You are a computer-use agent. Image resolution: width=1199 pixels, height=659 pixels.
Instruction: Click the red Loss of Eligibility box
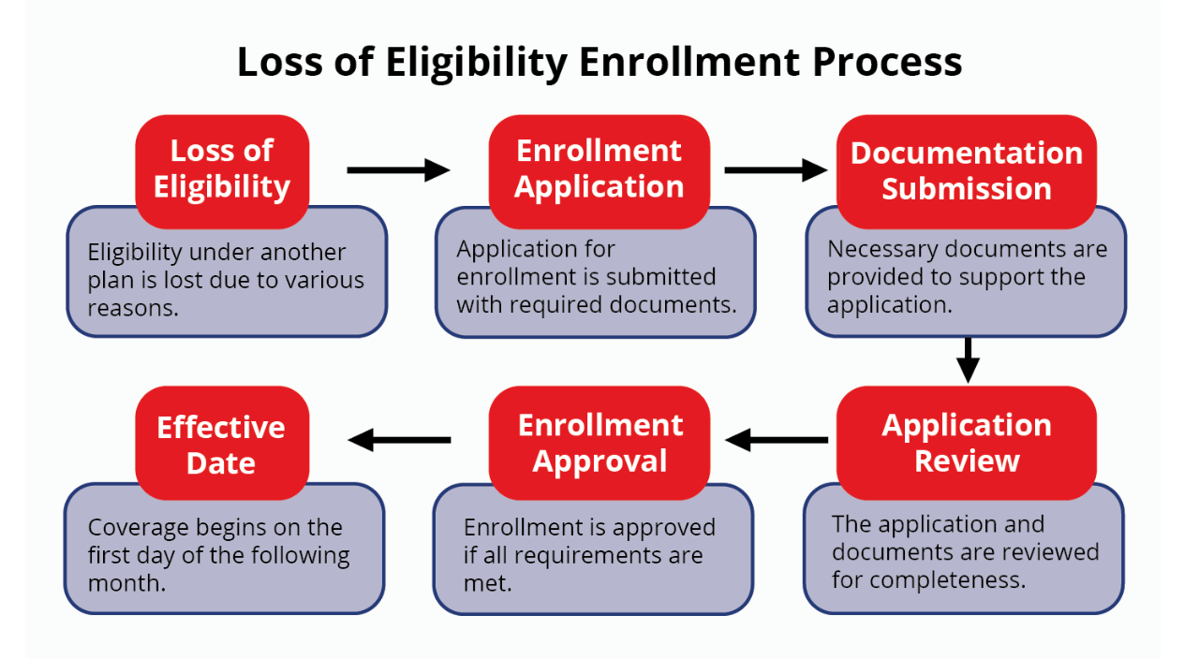pos(222,169)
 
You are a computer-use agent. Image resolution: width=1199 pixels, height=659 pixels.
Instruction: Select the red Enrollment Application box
pos(599,169)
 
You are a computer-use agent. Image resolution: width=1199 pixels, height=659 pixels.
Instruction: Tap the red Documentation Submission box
pos(966,170)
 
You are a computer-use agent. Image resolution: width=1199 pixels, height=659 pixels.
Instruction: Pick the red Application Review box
pos(966,443)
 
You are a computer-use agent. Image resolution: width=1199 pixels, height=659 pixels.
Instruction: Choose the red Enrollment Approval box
pos(599,443)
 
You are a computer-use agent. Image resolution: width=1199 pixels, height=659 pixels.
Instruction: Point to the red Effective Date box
pos(222,445)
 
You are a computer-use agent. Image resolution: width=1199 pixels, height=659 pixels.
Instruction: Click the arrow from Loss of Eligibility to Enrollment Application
pos(398,169)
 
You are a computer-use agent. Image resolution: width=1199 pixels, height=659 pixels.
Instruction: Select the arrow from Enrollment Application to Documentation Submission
pos(776,169)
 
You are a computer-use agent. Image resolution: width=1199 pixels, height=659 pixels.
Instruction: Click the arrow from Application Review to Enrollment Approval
pos(776,439)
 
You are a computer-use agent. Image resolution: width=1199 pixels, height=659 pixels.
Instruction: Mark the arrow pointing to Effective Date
pos(398,439)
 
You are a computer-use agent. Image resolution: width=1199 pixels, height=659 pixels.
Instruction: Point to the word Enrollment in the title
pos(689,63)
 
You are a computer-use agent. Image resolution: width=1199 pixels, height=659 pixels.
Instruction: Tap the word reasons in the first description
pos(133,308)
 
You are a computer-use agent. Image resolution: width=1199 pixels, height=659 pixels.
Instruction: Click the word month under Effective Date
pos(126,583)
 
